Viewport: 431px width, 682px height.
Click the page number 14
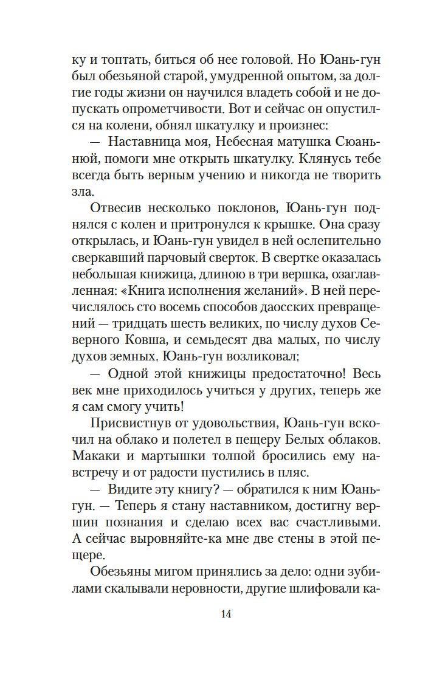click(x=226, y=614)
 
